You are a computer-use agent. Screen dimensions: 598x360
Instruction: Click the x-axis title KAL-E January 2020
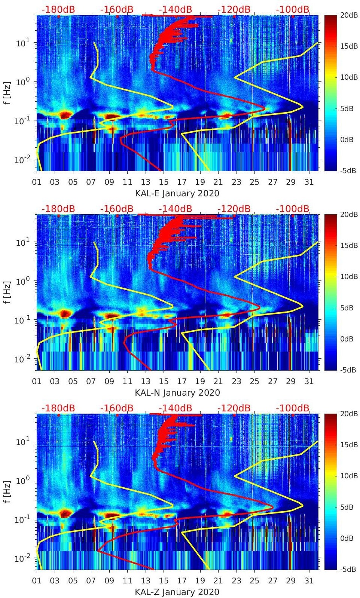click(x=177, y=193)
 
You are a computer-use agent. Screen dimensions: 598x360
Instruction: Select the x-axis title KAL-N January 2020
click(x=177, y=393)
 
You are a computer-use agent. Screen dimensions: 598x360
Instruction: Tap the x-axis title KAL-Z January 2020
click(x=177, y=592)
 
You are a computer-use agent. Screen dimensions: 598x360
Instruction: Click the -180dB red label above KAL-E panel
click(x=58, y=9)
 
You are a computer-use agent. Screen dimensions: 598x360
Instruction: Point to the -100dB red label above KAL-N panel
click(x=293, y=209)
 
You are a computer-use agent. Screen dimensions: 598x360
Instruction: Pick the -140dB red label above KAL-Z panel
click(x=176, y=408)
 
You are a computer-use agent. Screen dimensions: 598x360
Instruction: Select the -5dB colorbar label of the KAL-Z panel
click(x=348, y=569)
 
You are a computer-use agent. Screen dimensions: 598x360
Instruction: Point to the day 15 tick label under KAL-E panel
click(x=164, y=182)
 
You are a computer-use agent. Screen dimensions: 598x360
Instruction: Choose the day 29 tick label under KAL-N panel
click(x=291, y=381)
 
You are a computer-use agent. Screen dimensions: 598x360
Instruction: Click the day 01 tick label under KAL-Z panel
click(x=37, y=581)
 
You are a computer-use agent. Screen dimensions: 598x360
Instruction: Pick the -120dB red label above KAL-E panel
click(x=234, y=9)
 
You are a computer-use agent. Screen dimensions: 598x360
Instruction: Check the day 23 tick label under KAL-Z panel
click(x=236, y=581)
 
